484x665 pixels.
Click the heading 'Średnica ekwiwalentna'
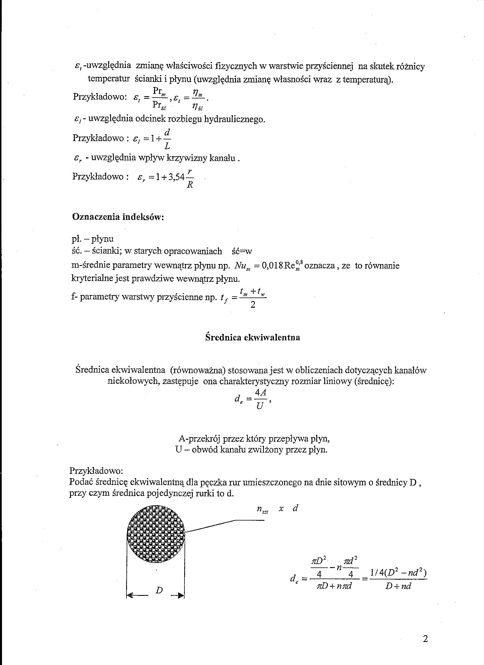coord(253,337)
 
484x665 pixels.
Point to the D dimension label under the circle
coord(159,590)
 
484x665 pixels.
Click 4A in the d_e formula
coord(261,393)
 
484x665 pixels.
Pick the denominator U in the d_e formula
coord(259,407)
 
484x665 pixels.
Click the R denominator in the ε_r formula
coord(190,185)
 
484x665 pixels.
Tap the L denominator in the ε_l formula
coord(167,145)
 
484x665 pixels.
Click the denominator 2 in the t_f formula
coord(253,305)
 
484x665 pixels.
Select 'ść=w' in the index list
coord(242,251)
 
